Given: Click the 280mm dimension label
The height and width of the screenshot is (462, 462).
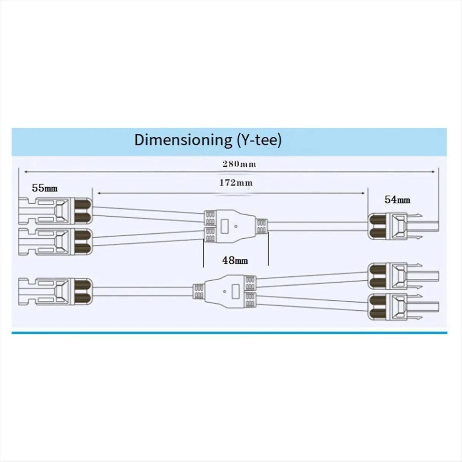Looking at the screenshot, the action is click(x=239, y=164).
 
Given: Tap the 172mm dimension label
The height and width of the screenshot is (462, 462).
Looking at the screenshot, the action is click(x=236, y=183).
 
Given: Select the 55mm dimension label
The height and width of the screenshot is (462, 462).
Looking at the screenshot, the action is click(x=45, y=188).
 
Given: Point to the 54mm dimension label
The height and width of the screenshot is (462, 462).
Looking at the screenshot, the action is click(x=397, y=200).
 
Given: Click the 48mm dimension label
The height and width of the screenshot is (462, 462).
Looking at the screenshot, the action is click(x=235, y=260).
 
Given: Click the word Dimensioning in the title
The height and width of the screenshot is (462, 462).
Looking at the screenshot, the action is click(x=182, y=141).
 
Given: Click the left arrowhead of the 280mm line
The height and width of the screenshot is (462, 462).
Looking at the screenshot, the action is click(x=26, y=171).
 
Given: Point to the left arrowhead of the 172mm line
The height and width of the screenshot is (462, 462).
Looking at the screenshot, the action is click(x=99, y=193).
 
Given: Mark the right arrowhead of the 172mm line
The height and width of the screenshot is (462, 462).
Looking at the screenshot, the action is click(x=363, y=193).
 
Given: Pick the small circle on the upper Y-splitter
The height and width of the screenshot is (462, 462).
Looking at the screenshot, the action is click(x=236, y=226).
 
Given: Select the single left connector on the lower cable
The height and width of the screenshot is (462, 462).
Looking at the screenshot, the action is click(x=55, y=291).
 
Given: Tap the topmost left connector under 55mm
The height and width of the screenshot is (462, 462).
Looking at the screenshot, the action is click(x=55, y=211).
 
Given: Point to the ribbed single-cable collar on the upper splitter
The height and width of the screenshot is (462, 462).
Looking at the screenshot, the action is click(x=262, y=226).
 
